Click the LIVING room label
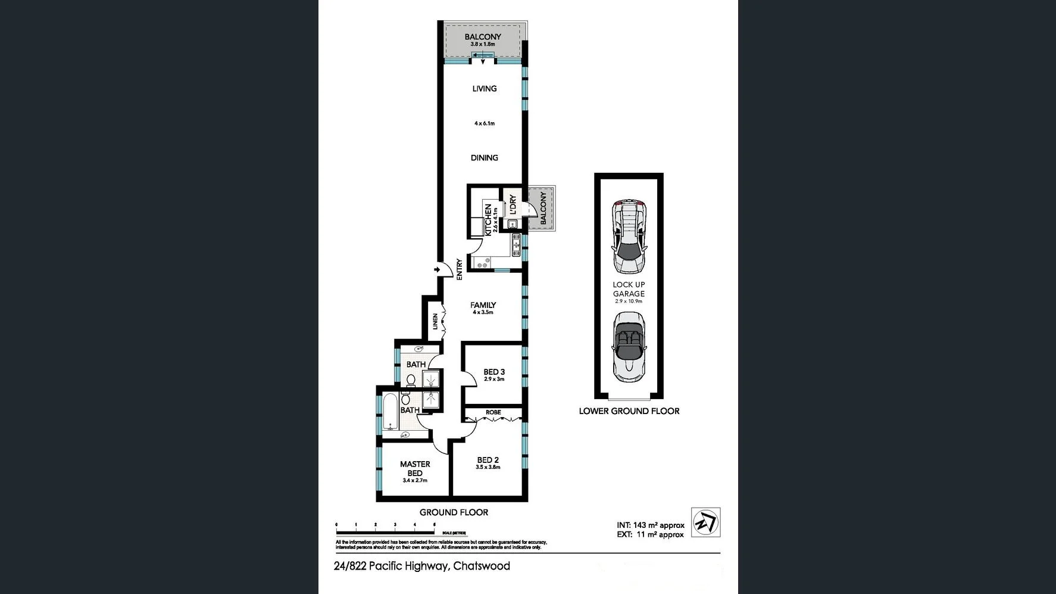click(484, 89)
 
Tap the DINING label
click(484, 158)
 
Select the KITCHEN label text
click(488, 220)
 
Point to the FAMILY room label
click(483, 305)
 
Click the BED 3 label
click(494, 372)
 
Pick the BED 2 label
click(488, 460)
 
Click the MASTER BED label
click(415, 468)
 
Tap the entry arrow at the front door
click(438, 270)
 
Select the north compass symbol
click(705, 523)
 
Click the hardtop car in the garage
click(629, 236)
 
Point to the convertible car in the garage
click(629, 347)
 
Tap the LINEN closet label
click(435, 322)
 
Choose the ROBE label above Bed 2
click(493, 412)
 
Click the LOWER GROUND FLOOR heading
click(629, 411)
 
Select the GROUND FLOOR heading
click(454, 512)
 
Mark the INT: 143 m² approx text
click(650, 525)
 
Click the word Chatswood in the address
click(482, 566)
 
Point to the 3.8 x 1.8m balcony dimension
click(482, 45)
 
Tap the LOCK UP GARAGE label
click(629, 289)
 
